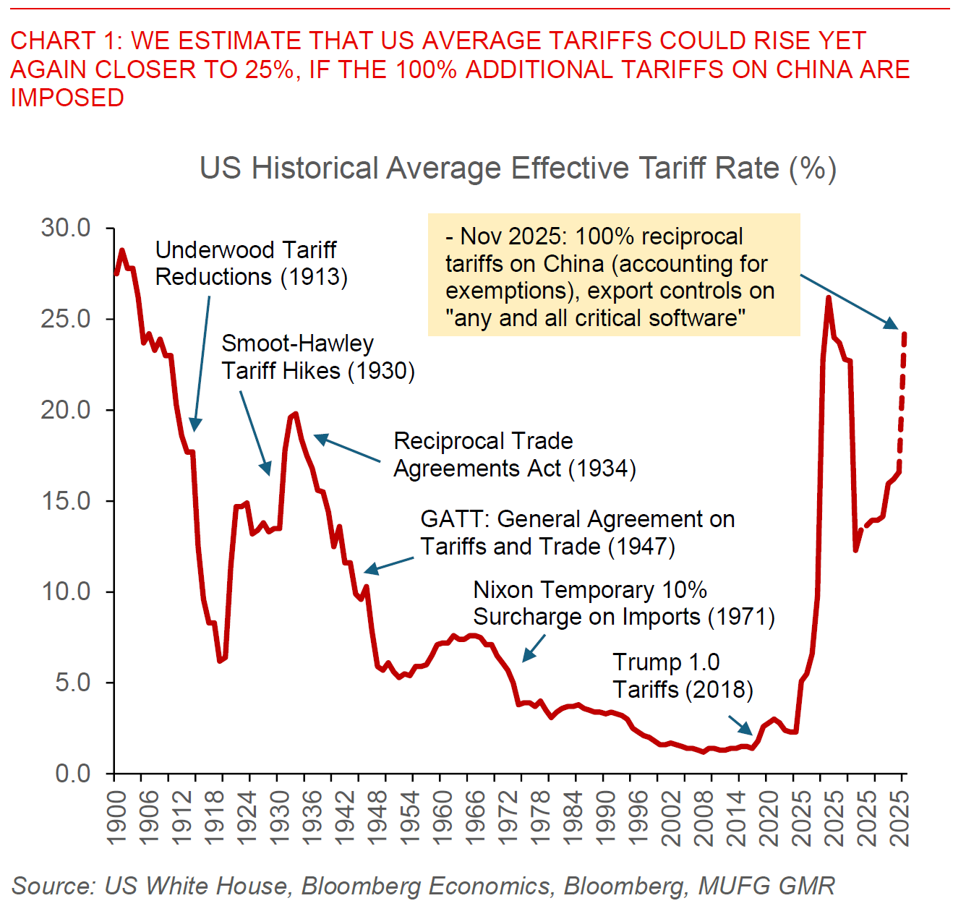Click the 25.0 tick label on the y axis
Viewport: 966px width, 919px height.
[x=66, y=319]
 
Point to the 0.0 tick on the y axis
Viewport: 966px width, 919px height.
[x=73, y=774]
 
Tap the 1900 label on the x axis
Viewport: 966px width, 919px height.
[x=116, y=817]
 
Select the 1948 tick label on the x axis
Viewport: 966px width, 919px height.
[x=377, y=817]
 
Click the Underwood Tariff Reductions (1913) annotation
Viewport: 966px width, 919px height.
[x=250, y=264]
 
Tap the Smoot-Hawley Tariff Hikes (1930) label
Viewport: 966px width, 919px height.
[x=317, y=357]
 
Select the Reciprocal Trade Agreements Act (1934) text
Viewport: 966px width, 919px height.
[x=514, y=455]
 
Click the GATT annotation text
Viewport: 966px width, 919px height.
[x=577, y=533]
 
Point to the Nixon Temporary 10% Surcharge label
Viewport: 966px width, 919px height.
[x=623, y=604]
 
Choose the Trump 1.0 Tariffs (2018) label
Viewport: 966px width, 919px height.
[x=683, y=676]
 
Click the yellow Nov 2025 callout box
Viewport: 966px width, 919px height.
[x=613, y=275]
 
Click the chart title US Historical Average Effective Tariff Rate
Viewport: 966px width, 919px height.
[x=518, y=168]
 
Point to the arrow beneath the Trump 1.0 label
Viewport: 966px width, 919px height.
[x=740, y=725]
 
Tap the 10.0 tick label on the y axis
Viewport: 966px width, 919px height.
[x=66, y=591]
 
